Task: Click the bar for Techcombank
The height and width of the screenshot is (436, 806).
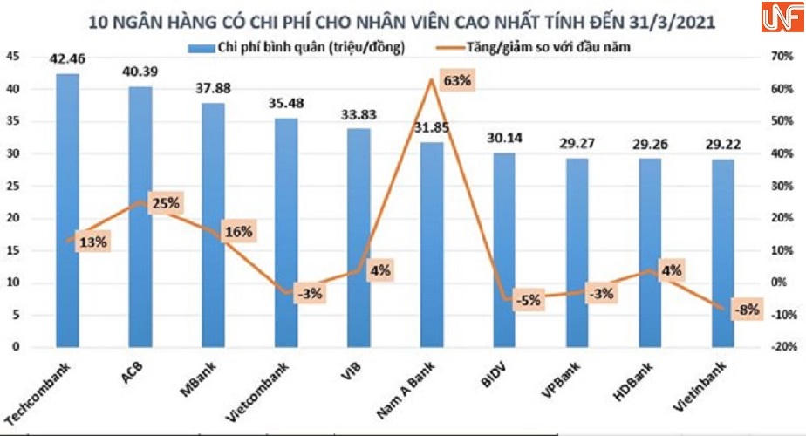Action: (68, 210)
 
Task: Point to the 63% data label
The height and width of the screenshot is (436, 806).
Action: (456, 81)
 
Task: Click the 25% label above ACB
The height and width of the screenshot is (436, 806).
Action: (166, 203)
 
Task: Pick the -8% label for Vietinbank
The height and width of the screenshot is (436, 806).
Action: (748, 308)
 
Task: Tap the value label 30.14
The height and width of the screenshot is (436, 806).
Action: (504, 137)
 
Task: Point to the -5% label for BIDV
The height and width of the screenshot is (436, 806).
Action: (529, 301)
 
